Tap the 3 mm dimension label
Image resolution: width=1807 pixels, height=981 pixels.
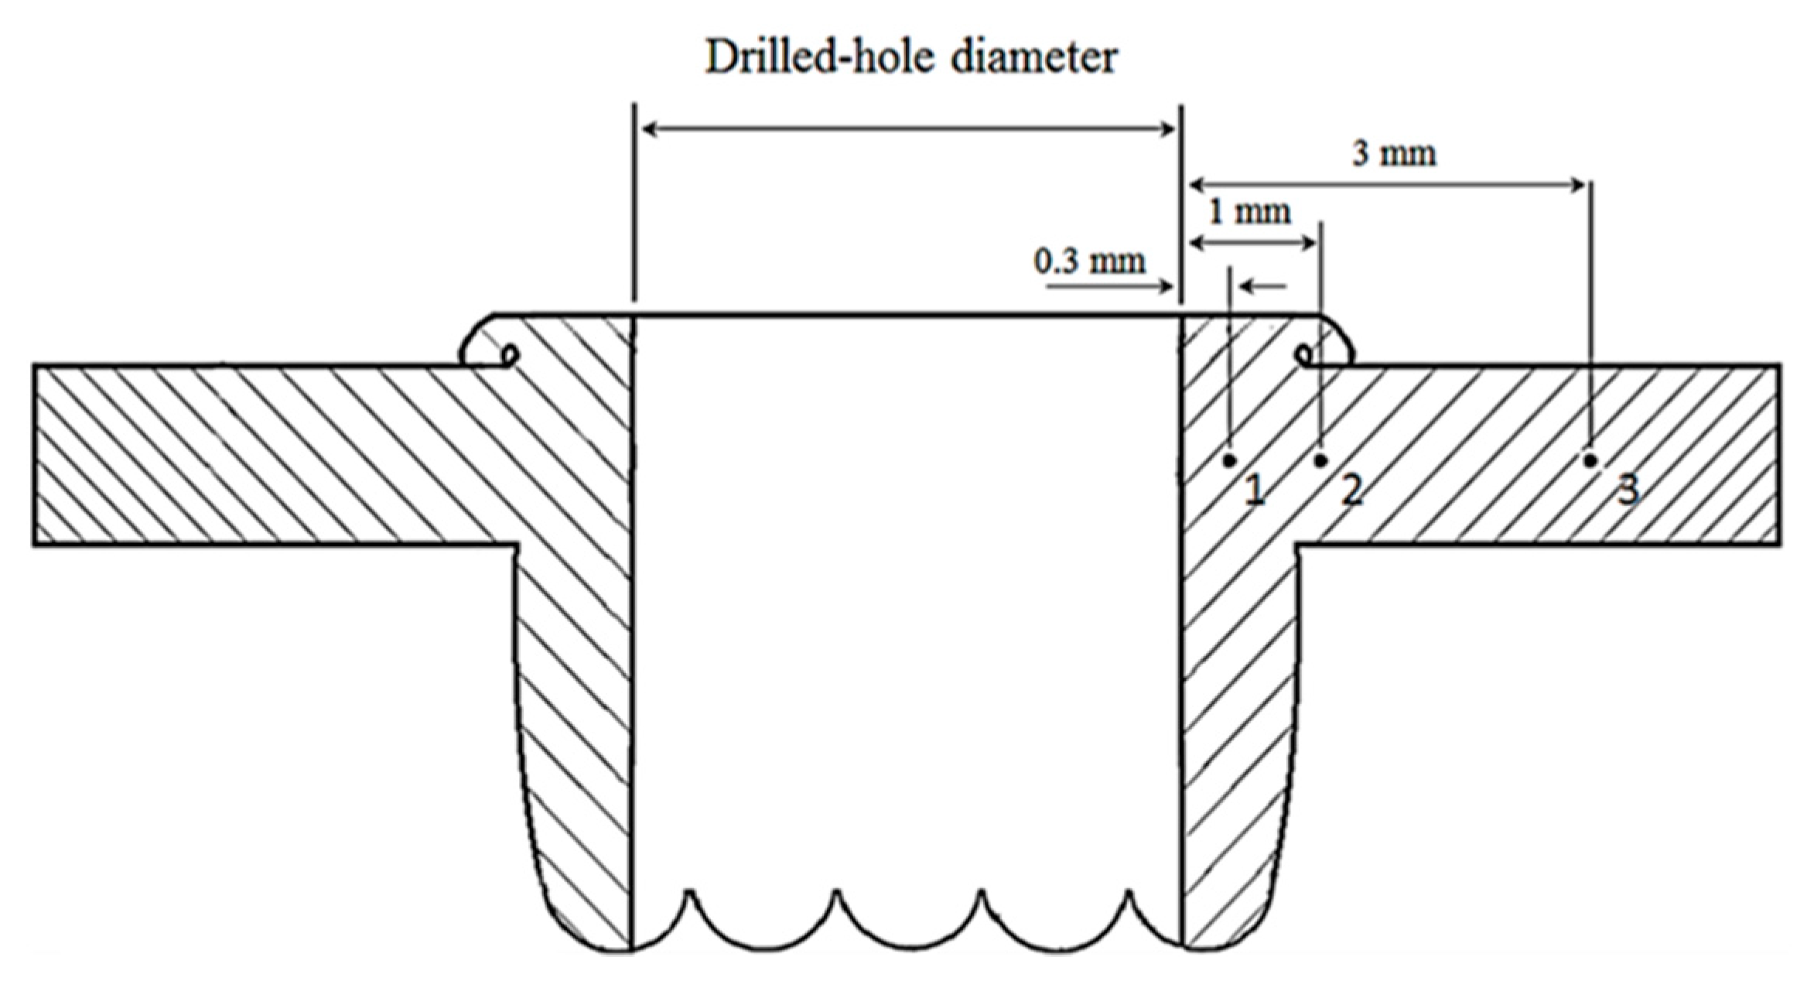tap(1393, 154)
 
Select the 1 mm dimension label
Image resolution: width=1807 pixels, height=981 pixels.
tap(1249, 212)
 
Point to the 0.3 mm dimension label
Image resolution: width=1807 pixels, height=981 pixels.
tap(1089, 261)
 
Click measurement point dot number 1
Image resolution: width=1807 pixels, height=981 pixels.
tap(1230, 461)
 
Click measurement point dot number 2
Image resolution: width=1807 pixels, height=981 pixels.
tap(1321, 461)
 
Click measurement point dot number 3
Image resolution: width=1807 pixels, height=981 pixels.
tap(1590, 460)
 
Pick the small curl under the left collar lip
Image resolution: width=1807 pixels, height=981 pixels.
tap(510, 355)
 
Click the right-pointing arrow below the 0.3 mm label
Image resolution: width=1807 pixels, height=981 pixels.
tap(1110, 287)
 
